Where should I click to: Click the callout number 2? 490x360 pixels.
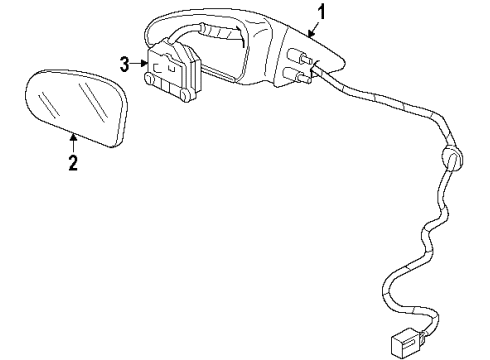[x=72, y=164]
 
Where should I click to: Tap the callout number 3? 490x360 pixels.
[x=125, y=65]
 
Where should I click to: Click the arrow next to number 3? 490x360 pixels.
[x=141, y=65]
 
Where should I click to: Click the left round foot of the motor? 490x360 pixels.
[x=151, y=78]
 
